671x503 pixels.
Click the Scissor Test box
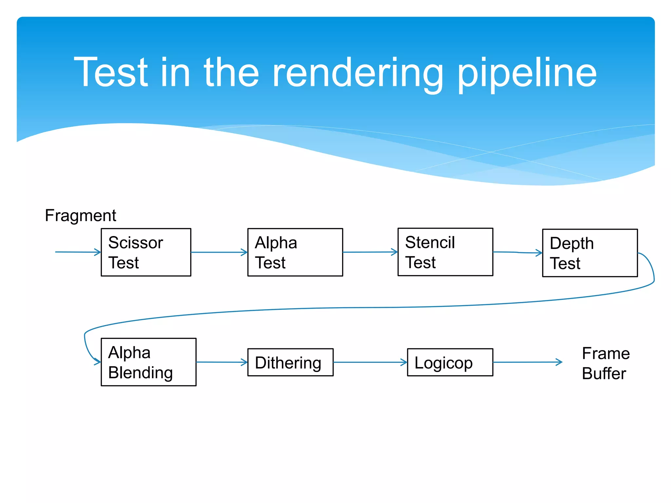pyautogui.click(x=146, y=252)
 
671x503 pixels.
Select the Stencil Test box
pyautogui.click(x=445, y=252)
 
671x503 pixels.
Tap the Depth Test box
pyautogui.click(x=590, y=253)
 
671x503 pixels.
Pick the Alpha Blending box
pyautogui.click(x=148, y=362)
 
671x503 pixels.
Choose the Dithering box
pyautogui.click(x=290, y=362)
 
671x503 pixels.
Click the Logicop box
pyautogui.click(x=450, y=362)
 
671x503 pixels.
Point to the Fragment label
pyautogui.click(x=81, y=216)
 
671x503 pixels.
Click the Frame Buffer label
pyautogui.click(x=605, y=363)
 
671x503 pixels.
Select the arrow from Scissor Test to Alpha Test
pyautogui.click(x=219, y=252)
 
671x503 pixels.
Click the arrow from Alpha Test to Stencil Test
pyautogui.click(x=370, y=252)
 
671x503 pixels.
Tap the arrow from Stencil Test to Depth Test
pyautogui.click(x=517, y=252)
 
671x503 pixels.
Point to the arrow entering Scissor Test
pyautogui.click(x=78, y=252)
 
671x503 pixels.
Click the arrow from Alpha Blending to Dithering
pyautogui.click(x=221, y=362)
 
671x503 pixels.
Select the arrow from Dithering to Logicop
pyautogui.click(x=370, y=362)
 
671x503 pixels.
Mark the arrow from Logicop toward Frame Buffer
pyautogui.click(x=527, y=362)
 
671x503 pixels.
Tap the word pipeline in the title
pyautogui.click(x=527, y=74)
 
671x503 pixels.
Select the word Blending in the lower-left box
pyautogui.click(x=141, y=373)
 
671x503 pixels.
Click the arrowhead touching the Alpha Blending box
pyautogui.click(x=97, y=362)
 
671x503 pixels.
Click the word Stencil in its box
pyautogui.click(x=430, y=243)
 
